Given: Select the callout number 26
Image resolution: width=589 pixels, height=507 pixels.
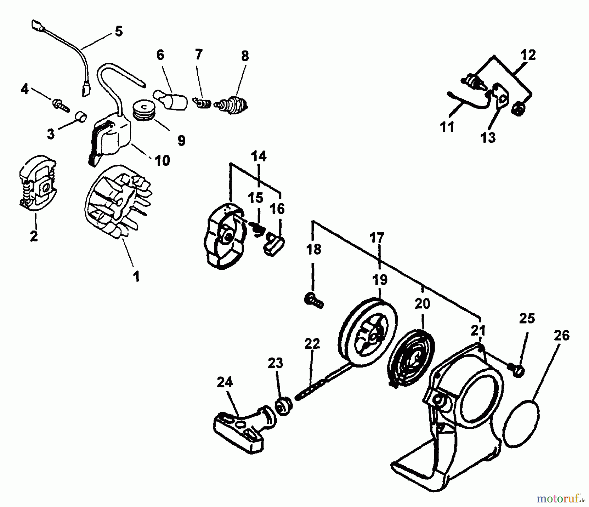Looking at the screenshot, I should (562, 336).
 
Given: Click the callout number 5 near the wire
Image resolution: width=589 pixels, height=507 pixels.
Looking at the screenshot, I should (118, 32).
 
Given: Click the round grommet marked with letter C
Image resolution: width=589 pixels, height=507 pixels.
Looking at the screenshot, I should (143, 107).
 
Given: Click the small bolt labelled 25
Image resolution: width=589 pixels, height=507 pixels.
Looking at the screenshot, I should (517, 370).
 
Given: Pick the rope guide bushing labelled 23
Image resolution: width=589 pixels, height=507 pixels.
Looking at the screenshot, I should (283, 406).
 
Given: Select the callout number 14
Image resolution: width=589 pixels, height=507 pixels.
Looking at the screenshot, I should (259, 157).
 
